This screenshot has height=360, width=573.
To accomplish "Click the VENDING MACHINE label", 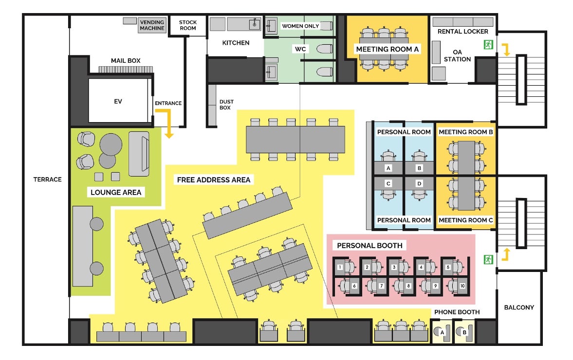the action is pos(152,25).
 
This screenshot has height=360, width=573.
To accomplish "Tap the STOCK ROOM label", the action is pos(188,25).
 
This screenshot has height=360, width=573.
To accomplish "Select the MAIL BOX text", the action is pos(126,60).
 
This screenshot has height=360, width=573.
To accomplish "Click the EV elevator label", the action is pos(118,101).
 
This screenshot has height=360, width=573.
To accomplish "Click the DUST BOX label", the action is pos(226,105).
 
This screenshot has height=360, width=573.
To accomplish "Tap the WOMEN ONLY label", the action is pos(300,25).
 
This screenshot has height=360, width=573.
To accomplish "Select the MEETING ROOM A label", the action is pos(388,49).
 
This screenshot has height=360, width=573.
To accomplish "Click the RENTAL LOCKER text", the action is pos(462,32).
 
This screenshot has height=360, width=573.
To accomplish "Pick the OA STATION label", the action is pos(458,55).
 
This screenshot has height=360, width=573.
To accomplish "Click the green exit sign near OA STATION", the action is pos(487,45).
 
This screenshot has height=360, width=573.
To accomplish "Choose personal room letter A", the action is pos(388,168).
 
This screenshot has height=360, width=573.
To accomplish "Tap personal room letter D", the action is pos(419,183).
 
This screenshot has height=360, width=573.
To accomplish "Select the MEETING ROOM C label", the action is pos(466,220).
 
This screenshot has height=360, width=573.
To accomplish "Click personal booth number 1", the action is pos(340,267).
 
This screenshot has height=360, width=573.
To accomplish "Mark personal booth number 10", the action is pos(462,286).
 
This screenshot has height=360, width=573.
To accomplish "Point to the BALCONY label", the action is pos(519,307).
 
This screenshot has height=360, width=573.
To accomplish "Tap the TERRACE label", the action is pos(47,180).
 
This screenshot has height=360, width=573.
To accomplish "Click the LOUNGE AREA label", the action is pos(116,193).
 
